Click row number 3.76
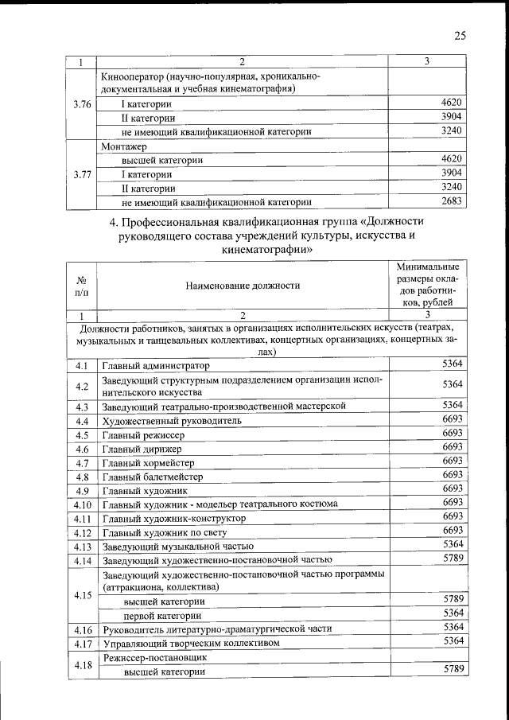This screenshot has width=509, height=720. coord(81,104)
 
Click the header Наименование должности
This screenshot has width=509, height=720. coord(243,285)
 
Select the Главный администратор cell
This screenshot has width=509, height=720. coord(155,366)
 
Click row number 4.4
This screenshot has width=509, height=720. coord(80,421)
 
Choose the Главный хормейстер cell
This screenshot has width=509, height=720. coord(148,462)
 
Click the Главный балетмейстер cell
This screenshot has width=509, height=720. coord(152,477)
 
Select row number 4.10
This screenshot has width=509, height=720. coord(81,504)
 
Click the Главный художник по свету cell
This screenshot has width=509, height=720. coord(165,531)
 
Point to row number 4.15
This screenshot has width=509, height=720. coord(81,594)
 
